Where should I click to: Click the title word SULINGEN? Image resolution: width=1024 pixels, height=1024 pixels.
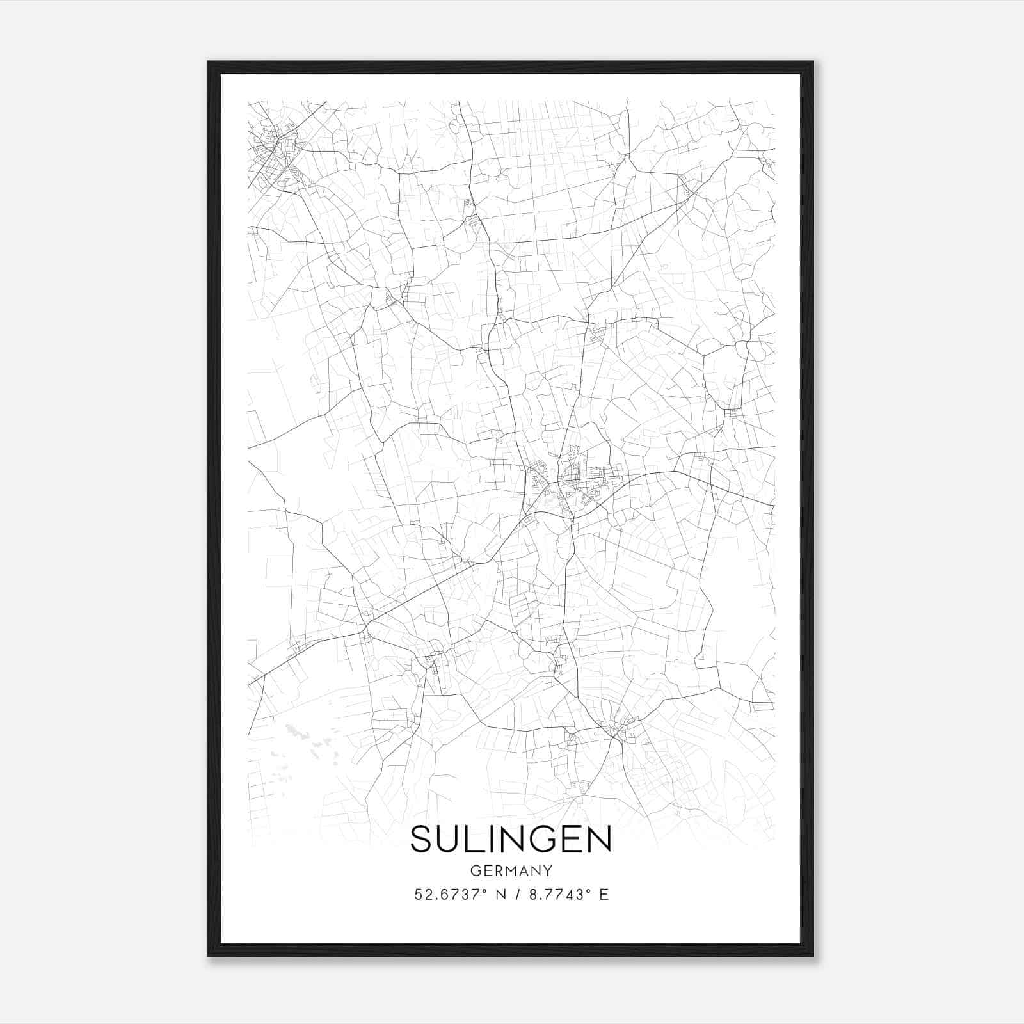coord(511,839)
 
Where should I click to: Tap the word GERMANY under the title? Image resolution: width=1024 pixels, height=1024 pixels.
coord(511,870)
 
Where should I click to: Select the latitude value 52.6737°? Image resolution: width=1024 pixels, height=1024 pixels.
coord(447,894)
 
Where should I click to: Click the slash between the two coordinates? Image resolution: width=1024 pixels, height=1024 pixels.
coord(517,894)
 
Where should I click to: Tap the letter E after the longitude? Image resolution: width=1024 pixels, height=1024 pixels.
coord(604,894)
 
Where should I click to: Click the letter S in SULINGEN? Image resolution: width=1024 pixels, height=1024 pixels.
coord(423,839)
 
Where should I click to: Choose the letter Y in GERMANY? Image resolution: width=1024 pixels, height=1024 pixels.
coord(548,870)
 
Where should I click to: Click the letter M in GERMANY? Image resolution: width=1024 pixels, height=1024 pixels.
coord(511,870)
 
